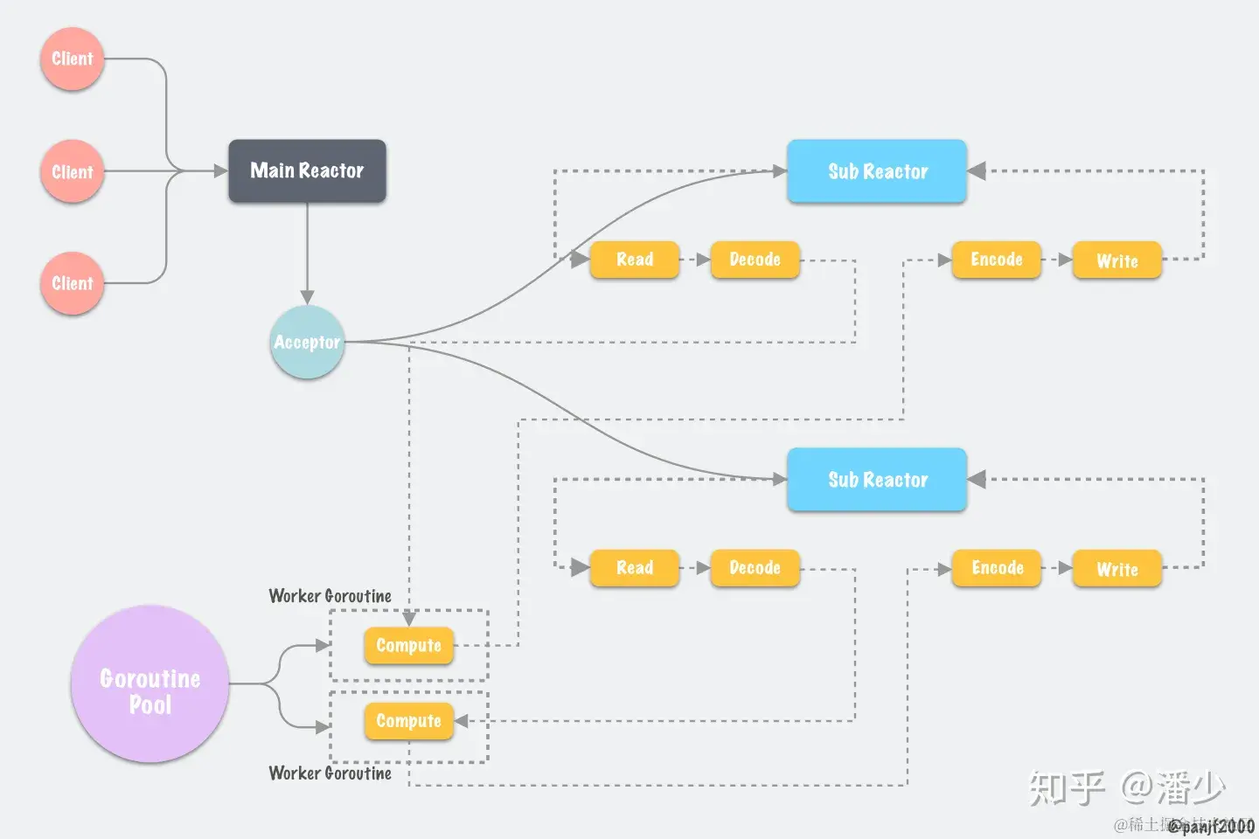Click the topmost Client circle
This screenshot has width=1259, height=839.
coord(72,59)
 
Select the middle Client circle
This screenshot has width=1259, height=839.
coord(72,171)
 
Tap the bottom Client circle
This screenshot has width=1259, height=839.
coord(72,283)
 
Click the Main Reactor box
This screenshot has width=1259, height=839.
coord(307,171)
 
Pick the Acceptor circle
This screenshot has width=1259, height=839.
coord(307,342)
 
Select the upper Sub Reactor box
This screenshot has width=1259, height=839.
coord(877,171)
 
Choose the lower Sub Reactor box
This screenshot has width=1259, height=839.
coord(877,480)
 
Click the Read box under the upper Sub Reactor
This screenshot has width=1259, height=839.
coord(635,260)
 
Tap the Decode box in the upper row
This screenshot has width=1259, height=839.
coord(755,260)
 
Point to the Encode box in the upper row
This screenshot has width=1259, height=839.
coord(996,260)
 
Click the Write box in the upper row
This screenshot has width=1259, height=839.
coord(1116,260)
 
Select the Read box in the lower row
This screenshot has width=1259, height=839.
coord(635,568)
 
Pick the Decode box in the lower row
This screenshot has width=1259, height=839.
coord(755,568)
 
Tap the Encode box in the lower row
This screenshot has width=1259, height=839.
coord(997,568)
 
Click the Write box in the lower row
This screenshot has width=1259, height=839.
coord(1116,569)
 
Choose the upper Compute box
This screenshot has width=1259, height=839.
coord(408,646)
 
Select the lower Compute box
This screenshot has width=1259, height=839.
coord(408,721)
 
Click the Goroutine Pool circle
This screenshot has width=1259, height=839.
coord(150,684)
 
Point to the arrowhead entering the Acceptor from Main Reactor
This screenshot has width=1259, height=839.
coord(307,297)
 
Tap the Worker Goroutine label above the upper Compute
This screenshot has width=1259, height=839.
coord(330,596)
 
